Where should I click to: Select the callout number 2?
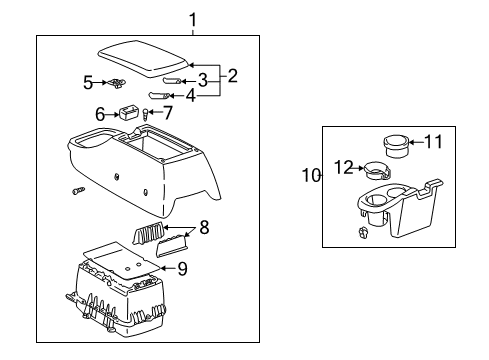[232, 75]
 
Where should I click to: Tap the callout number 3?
[203, 79]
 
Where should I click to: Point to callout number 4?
[203, 96]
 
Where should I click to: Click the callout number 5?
[88, 81]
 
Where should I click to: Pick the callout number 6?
[101, 114]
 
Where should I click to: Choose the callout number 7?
[168, 113]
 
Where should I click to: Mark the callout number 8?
[203, 229]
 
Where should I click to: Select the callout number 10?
[311, 176]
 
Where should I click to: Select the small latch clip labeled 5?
[119, 83]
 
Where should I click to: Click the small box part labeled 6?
[128, 113]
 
